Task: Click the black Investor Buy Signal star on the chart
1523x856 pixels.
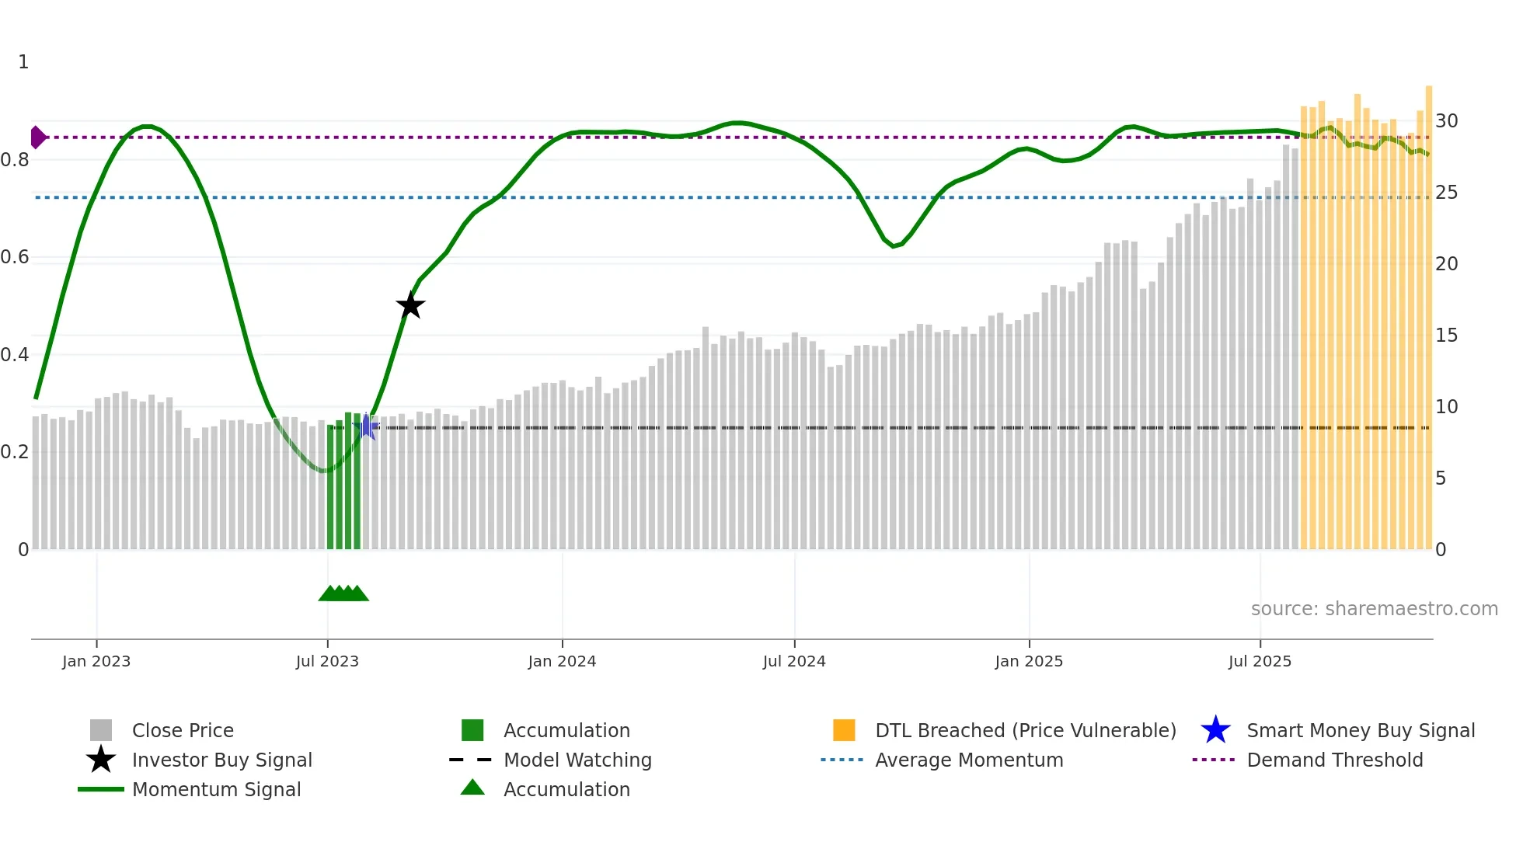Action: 410,305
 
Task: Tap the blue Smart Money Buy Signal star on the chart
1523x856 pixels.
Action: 367,426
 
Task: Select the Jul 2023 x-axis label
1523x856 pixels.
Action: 327,662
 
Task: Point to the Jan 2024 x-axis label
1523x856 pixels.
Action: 562,662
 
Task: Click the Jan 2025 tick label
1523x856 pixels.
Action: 1029,662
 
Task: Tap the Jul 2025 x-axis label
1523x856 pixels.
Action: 1260,662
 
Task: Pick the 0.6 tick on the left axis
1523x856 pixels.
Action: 16,257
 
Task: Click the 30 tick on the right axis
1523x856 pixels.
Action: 1446,121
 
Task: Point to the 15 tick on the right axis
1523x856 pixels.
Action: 1446,336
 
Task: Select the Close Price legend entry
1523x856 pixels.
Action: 183,731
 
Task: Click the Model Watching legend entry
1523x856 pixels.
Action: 577,760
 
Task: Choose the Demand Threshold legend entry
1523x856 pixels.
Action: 1334,760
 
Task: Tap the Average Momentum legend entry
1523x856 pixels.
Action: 969,760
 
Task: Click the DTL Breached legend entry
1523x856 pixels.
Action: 1025,731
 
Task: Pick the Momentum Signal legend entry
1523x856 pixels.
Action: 216,790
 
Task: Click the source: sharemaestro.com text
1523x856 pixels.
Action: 1374,609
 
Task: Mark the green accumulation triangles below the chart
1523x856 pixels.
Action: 343,593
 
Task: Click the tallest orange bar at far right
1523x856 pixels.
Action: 1428,311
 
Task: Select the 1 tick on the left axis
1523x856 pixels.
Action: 23,62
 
